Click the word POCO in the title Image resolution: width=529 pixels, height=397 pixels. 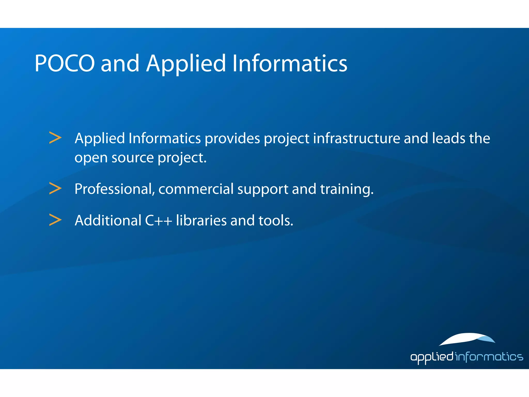(65, 63)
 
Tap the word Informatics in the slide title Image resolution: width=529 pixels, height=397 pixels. (290, 63)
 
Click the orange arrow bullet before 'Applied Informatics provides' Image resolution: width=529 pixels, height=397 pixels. (55, 138)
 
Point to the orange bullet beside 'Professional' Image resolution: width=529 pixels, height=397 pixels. (55, 188)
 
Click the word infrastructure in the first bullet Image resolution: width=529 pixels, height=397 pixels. (356, 138)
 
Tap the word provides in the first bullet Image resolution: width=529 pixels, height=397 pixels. (232, 138)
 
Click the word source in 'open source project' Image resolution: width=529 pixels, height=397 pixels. (133, 158)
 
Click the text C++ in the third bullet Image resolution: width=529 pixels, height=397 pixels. (158, 220)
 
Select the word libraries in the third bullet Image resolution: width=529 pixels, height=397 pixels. (201, 220)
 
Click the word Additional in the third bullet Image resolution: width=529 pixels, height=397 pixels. (108, 220)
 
